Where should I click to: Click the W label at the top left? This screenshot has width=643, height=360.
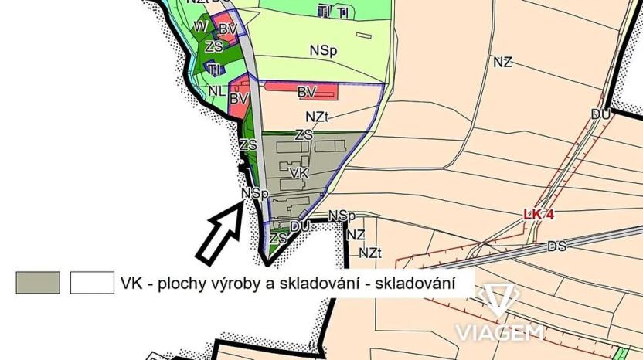click(x=199, y=26)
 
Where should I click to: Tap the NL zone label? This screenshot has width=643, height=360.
click(x=217, y=90)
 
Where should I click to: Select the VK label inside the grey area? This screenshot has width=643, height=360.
click(x=299, y=175)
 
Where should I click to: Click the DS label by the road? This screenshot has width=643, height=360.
click(x=556, y=246)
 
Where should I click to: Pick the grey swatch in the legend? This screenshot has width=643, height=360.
click(x=38, y=283)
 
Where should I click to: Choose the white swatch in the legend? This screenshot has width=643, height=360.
click(x=92, y=283)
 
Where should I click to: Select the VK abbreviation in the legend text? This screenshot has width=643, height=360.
click(x=130, y=284)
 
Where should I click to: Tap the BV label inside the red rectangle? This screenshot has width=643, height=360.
click(x=307, y=92)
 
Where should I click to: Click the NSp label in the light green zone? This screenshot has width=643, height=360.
click(x=323, y=50)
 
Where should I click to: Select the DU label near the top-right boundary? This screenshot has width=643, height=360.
click(x=600, y=114)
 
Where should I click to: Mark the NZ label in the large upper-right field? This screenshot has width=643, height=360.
click(x=502, y=63)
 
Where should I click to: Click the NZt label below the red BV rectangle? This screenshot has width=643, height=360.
click(x=318, y=117)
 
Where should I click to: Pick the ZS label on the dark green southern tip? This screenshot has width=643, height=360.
click(x=278, y=239)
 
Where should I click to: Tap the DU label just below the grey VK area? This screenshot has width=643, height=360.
click(x=300, y=226)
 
